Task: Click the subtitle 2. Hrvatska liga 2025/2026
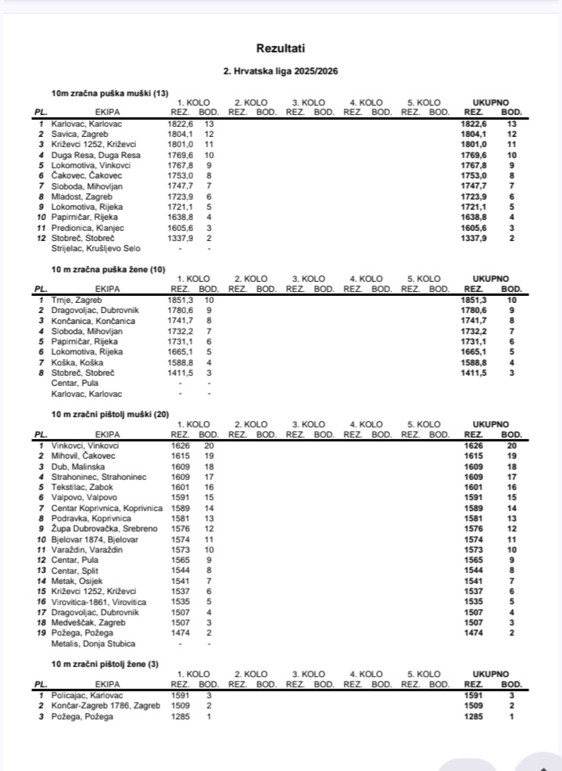[281, 71]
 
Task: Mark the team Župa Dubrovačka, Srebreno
[95, 528]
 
